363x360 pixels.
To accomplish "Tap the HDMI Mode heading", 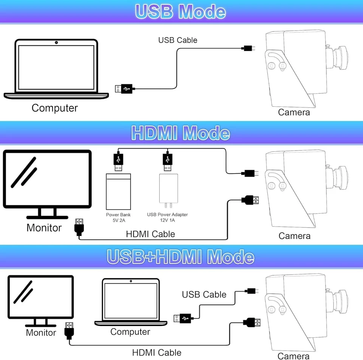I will [180, 133].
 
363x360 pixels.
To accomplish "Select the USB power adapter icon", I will [168, 191].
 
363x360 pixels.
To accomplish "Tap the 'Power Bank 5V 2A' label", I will [118, 217].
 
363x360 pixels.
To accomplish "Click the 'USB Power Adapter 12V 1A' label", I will [168, 217].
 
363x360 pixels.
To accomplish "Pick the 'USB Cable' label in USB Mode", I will [178, 40].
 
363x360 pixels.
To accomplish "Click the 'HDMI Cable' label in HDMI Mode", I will [150, 234].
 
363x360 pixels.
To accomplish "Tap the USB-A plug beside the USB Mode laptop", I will [124, 89].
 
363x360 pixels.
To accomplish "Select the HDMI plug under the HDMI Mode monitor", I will [79, 227].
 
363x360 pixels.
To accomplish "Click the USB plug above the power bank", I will [118, 161].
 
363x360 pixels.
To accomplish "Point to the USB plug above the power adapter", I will [167, 161].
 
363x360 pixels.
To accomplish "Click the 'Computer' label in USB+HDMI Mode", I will [130, 332].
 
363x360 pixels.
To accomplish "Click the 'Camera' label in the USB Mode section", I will [294, 112].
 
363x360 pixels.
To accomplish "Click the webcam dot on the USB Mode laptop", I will [56, 42].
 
